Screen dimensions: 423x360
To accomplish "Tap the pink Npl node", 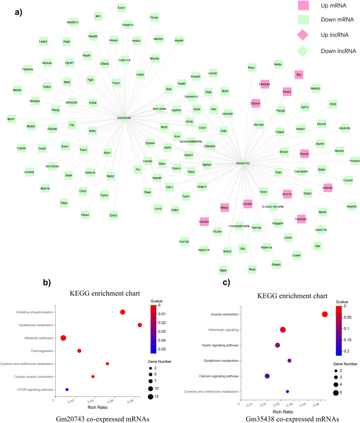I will click(299, 75).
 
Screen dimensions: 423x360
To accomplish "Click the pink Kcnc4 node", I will click(287, 92).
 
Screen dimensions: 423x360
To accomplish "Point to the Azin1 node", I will click(121, 8).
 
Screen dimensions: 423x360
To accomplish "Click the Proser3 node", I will click(354, 161).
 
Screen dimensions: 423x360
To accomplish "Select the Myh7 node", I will click(11, 119).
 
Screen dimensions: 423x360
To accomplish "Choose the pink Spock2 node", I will click(204, 222).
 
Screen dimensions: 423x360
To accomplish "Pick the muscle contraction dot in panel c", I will click(325, 314).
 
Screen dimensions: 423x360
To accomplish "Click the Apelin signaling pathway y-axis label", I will click(216, 345).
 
